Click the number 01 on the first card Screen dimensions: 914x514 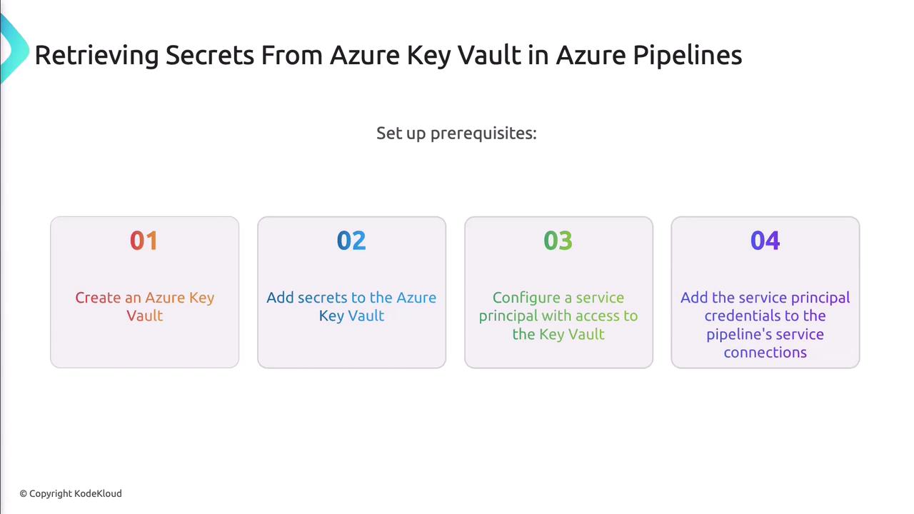coord(144,241)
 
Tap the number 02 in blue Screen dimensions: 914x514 coord(351,241)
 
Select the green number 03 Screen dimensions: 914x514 coord(558,241)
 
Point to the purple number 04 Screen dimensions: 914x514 coord(765,241)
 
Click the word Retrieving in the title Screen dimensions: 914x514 coord(96,56)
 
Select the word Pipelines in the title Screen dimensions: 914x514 coord(688,56)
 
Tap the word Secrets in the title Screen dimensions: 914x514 coord(210,56)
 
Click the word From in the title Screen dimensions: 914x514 coord(292,56)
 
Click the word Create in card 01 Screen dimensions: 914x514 coord(98,298)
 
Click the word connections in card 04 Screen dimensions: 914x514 coord(765,353)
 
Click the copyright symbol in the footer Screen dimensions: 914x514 coord(24,494)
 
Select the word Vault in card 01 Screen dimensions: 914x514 coord(144,316)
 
